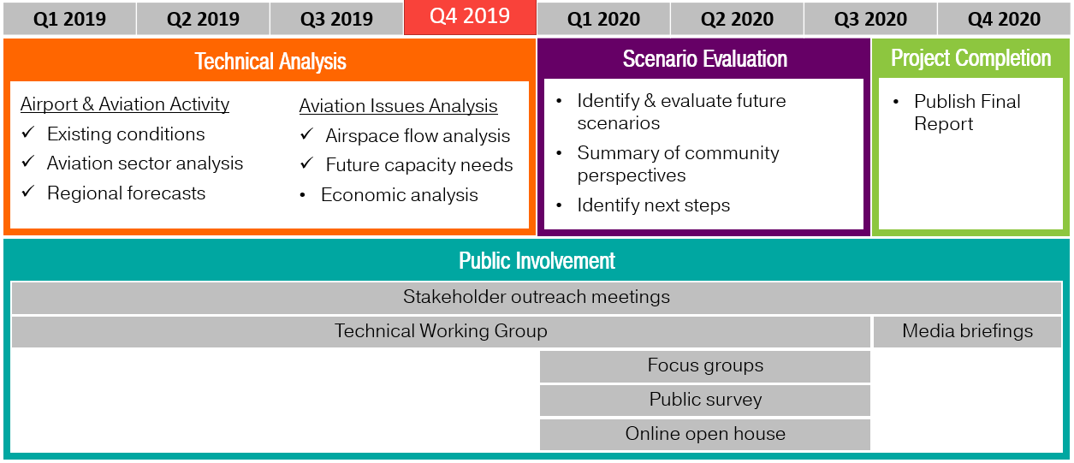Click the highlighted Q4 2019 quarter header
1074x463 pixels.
point(470,17)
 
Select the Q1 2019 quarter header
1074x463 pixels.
point(69,19)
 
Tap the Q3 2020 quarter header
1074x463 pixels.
point(870,19)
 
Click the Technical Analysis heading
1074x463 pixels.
point(270,62)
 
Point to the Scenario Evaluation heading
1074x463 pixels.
point(705,59)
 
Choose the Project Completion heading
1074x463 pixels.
point(971,58)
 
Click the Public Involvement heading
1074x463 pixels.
point(537,260)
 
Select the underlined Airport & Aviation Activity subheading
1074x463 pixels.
point(125,104)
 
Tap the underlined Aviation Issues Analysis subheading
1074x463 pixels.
point(398,106)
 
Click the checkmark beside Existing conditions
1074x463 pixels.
point(28,134)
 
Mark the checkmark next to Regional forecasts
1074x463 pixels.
point(28,193)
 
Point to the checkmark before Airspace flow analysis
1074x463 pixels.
point(306,135)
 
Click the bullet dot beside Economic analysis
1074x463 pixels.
point(303,195)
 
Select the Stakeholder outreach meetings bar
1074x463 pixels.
point(537,297)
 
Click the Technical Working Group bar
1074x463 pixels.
point(441,331)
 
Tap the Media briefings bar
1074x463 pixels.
point(967,331)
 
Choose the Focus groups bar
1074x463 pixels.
point(705,366)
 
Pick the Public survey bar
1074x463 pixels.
point(705,400)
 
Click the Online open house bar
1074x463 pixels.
point(705,434)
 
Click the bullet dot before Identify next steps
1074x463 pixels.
point(560,205)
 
